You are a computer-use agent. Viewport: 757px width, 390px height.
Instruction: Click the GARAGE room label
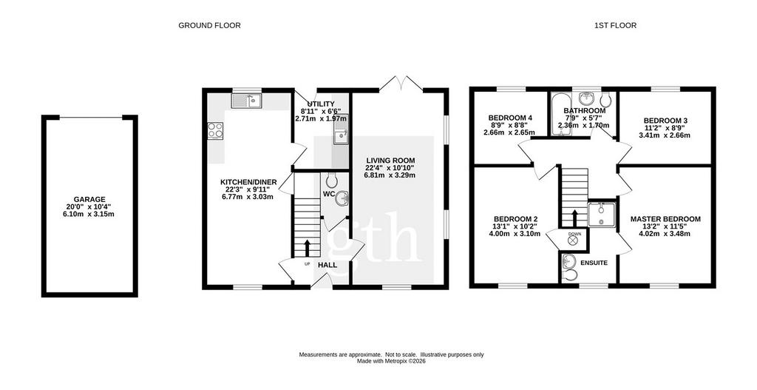pos(89,199)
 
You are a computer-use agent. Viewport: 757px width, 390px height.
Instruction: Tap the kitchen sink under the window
pos(246,101)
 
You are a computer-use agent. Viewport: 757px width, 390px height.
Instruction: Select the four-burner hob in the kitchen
pos(215,131)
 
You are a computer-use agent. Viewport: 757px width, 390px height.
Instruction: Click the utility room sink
pos(340,130)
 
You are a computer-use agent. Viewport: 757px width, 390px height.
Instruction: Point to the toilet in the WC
pos(332,180)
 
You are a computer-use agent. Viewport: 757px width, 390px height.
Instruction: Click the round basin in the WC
pos(342,198)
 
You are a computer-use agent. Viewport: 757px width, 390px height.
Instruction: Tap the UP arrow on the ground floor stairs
pos(307,248)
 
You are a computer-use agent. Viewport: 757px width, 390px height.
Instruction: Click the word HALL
pos(327,265)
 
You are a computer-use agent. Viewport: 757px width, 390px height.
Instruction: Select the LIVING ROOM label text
pos(390,161)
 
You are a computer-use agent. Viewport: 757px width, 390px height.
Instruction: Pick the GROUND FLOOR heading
pos(209,25)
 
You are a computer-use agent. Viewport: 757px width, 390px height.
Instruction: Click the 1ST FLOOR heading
pos(615,25)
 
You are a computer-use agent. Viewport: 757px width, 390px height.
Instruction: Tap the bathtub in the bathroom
pos(561,115)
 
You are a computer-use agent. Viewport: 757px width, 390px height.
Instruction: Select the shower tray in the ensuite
pos(602,214)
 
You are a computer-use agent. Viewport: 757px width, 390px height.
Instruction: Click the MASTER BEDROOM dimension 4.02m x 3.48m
pos(665,234)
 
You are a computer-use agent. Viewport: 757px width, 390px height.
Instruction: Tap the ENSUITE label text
pos(594,263)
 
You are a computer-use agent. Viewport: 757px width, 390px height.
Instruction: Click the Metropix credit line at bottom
pos(391,361)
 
